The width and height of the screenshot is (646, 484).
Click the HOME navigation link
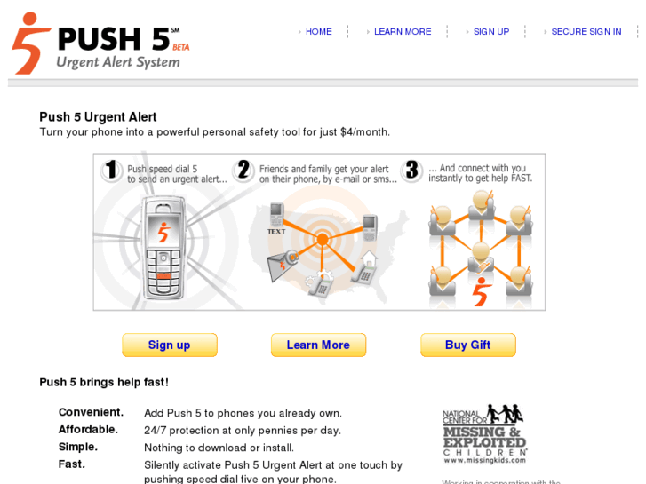(x=318, y=32)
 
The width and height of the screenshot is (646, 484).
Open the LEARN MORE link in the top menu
(x=402, y=32)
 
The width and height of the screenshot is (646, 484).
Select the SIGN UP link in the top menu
(x=490, y=32)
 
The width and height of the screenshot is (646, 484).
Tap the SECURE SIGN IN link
(x=586, y=32)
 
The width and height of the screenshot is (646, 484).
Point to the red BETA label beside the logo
(x=180, y=47)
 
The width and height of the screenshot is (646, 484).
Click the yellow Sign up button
(x=169, y=345)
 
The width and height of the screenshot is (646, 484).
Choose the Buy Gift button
(x=467, y=345)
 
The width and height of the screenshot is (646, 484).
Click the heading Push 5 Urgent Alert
(x=98, y=117)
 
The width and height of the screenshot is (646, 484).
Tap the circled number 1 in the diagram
(x=111, y=171)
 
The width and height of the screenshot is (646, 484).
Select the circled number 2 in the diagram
(x=243, y=171)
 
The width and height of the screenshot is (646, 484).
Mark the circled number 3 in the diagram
(x=411, y=171)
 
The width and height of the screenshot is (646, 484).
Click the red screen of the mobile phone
(x=163, y=231)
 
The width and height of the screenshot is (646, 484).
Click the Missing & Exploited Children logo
(x=484, y=434)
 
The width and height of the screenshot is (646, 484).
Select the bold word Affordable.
(x=88, y=430)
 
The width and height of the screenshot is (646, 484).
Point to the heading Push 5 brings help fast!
(x=104, y=383)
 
